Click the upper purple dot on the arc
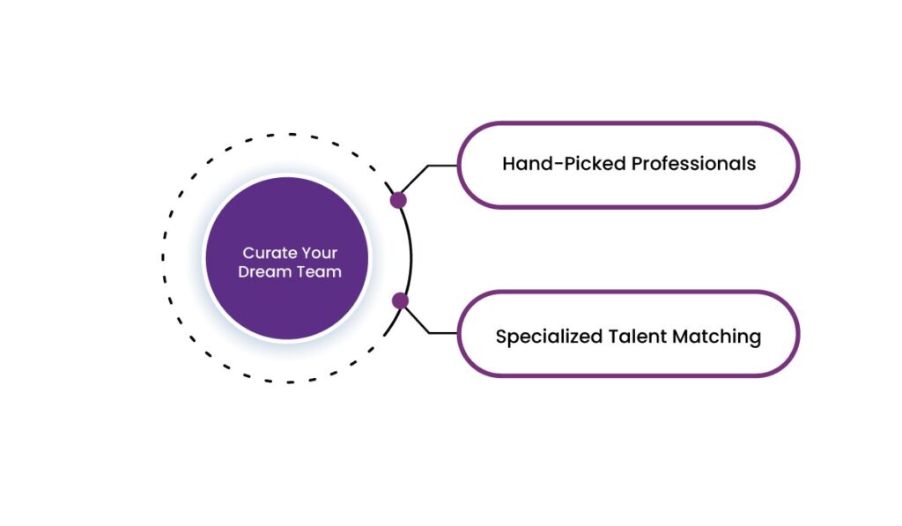click(x=398, y=200)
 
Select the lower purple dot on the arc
click(x=400, y=301)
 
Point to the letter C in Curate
click(x=248, y=254)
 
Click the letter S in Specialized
click(x=501, y=337)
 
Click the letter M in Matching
click(x=684, y=337)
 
